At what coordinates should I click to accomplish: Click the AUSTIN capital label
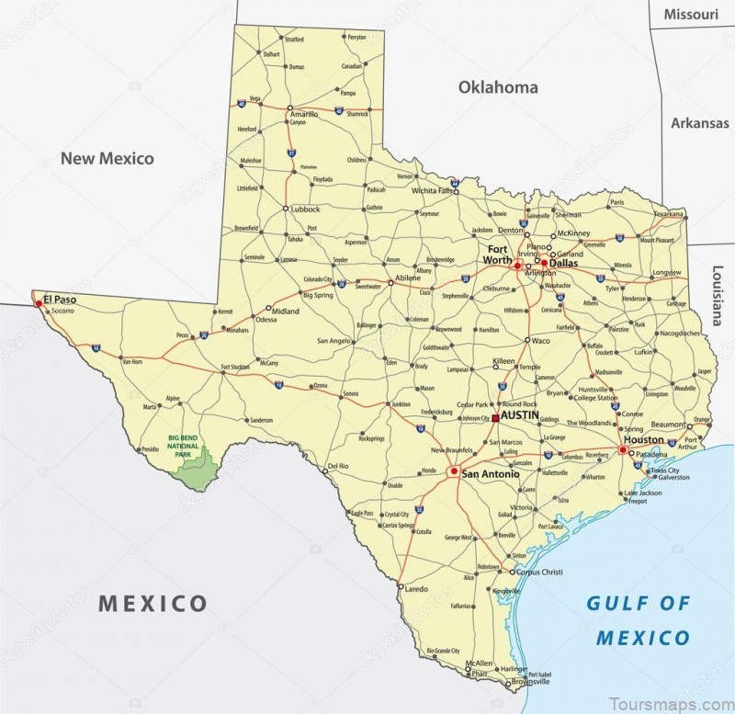pyautogui.click(x=521, y=415)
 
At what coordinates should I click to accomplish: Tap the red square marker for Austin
pyautogui.click(x=495, y=417)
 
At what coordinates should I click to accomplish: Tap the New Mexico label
pyautogui.click(x=107, y=158)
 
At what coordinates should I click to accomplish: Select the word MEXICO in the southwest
pyautogui.click(x=153, y=604)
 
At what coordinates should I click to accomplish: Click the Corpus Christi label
pyautogui.click(x=538, y=572)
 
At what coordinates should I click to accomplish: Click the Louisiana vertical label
pyautogui.click(x=718, y=295)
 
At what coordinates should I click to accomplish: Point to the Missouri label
pyautogui.click(x=692, y=16)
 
